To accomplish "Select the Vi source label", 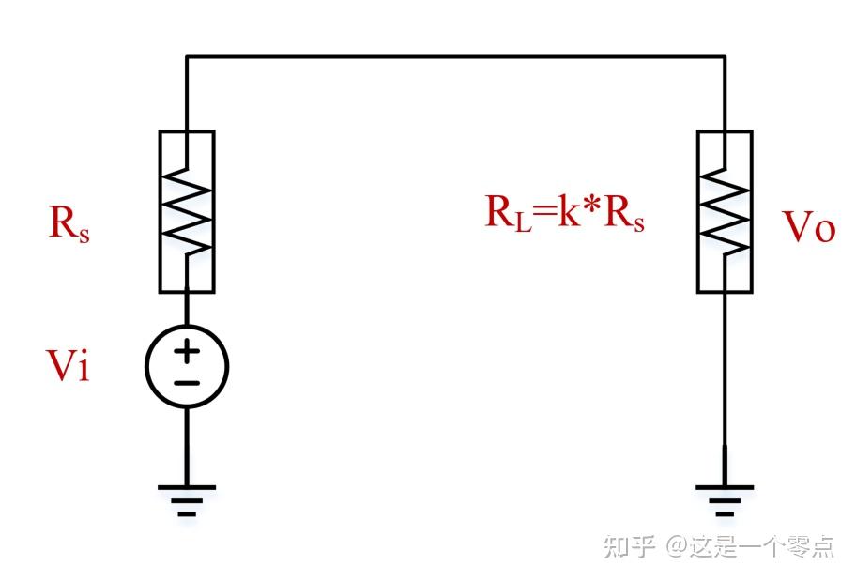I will [x=69, y=367].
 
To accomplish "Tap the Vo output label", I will [x=808, y=227].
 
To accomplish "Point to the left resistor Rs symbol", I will [x=187, y=212].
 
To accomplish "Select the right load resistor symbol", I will [x=725, y=212].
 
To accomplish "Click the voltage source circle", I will [x=187, y=366].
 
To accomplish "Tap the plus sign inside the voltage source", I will [x=187, y=352].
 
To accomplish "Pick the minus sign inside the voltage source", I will [x=187, y=382].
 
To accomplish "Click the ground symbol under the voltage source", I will [x=187, y=498].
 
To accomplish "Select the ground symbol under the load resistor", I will [x=725, y=498].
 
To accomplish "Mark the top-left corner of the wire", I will [x=187, y=57].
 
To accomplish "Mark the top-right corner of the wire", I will [x=725, y=57].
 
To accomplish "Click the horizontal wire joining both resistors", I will [x=455, y=57].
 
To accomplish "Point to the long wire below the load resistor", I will [x=725, y=375].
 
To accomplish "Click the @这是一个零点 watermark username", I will [x=750, y=546].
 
